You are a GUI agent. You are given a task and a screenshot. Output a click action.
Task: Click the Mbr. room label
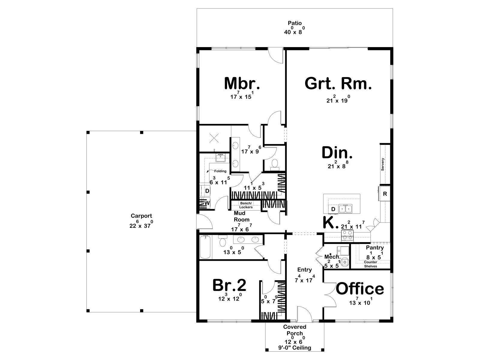242,83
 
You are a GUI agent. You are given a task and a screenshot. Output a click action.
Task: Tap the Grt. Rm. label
338,83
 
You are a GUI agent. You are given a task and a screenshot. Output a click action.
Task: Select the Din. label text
337,153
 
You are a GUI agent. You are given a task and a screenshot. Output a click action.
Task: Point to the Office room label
360,289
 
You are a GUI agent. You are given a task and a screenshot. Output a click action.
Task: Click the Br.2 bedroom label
229,285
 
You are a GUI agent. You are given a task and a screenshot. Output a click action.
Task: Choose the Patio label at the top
295,23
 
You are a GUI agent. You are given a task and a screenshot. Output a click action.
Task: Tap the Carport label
141,216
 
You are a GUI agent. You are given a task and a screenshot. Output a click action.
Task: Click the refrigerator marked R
385,193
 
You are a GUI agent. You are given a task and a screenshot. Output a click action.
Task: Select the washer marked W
207,203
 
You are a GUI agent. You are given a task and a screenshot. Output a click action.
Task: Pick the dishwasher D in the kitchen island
333,209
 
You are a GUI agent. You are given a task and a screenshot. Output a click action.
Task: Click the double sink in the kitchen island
345,208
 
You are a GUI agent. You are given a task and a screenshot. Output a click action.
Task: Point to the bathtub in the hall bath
206,247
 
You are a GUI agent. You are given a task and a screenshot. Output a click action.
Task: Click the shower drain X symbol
214,138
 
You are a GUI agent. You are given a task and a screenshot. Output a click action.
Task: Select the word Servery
382,164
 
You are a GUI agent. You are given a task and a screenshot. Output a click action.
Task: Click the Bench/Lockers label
246,205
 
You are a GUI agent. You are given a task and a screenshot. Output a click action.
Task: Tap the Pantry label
375,247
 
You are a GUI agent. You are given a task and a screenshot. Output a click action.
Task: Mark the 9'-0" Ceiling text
295,347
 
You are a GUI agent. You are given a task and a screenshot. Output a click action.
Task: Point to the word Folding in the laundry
220,171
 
